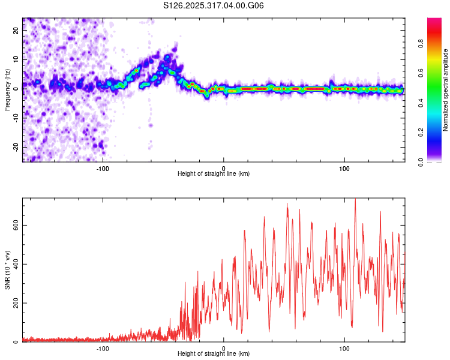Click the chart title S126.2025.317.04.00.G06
214,5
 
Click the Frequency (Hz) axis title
8,89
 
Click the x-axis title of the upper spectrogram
214,173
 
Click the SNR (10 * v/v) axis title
8,270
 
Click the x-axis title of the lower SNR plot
214,353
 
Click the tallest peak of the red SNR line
355,199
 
